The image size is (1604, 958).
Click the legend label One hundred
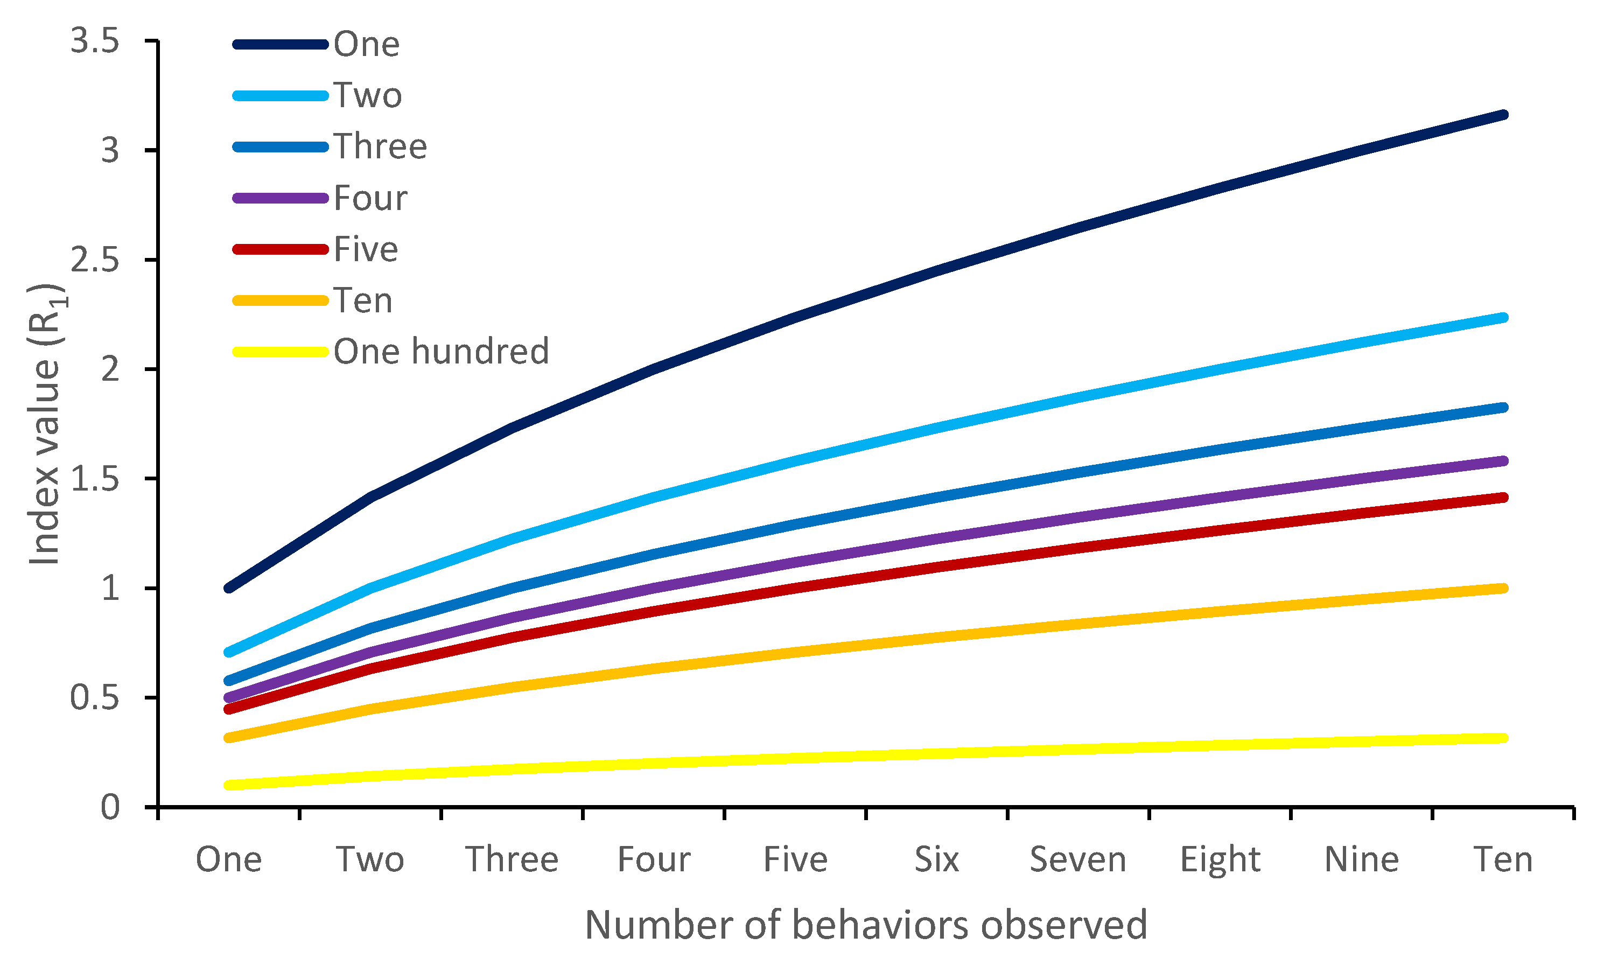click(x=441, y=352)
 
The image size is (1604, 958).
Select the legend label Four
click(x=370, y=198)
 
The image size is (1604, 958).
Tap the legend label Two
click(x=367, y=95)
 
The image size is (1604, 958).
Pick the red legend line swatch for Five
click(x=281, y=249)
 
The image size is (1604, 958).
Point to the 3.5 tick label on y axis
click(x=94, y=42)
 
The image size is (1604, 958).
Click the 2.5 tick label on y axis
click(x=94, y=260)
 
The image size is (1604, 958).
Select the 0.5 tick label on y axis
click(x=94, y=698)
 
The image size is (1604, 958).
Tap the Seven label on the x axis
click(x=1078, y=860)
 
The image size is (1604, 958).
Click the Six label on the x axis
click(x=936, y=860)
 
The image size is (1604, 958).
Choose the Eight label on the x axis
click(x=1220, y=860)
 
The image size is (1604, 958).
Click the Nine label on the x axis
click(x=1362, y=860)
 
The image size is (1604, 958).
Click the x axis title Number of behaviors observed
click(x=866, y=925)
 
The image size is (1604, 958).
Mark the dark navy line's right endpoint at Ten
click(x=1504, y=115)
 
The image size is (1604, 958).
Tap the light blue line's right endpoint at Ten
click(x=1504, y=318)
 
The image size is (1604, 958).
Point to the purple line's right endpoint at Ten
click(x=1504, y=461)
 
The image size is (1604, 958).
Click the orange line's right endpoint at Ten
click(x=1504, y=588)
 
